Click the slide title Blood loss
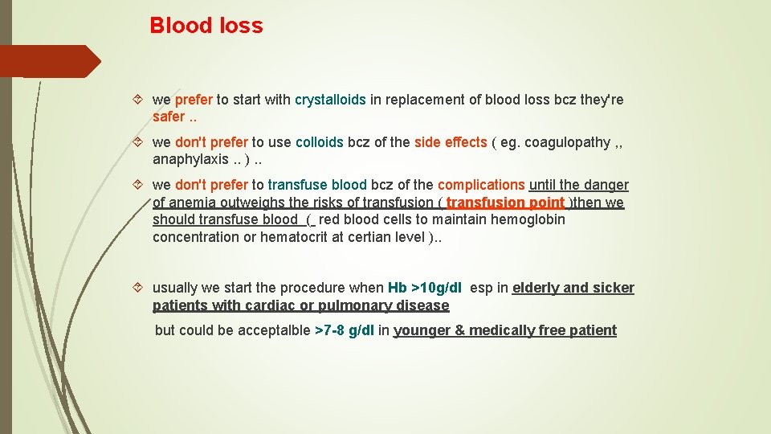click(206, 26)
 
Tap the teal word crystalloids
click(330, 100)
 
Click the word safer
click(168, 117)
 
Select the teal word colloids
click(320, 142)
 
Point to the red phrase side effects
click(451, 142)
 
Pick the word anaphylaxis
click(186, 159)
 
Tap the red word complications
click(479, 185)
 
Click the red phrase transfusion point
click(505, 203)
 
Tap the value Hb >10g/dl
click(425, 288)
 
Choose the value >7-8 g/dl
click(345, 330)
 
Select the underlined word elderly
click(540, 288)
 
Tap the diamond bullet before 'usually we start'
click(138, 288)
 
